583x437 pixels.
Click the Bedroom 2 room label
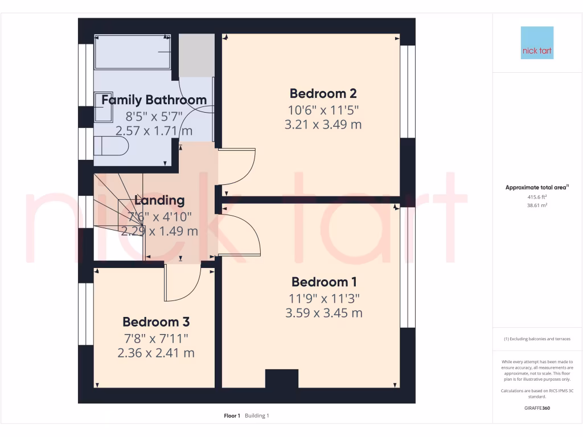tap(323, 93)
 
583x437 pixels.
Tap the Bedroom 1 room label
tap(324, 282)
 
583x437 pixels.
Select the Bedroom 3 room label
tap(156, 322)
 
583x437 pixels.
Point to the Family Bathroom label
tap(154, 100)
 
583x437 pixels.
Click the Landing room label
tap(159, 200)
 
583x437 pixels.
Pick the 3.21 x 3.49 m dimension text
tap(323, 125)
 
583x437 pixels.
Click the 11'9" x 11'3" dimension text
tap(324, 298)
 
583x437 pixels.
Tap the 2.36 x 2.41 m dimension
tap(156, 353)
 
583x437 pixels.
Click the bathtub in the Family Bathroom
tap(133, 52)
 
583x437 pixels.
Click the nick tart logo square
tap(537, 43)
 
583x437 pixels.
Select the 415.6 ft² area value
tap(537, 197)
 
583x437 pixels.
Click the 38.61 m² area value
tap(537, 205)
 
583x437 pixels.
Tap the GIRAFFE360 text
tap(537, 408)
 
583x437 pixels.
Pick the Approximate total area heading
tap(537, 187)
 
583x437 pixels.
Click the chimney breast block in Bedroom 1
tap(282, 378)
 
